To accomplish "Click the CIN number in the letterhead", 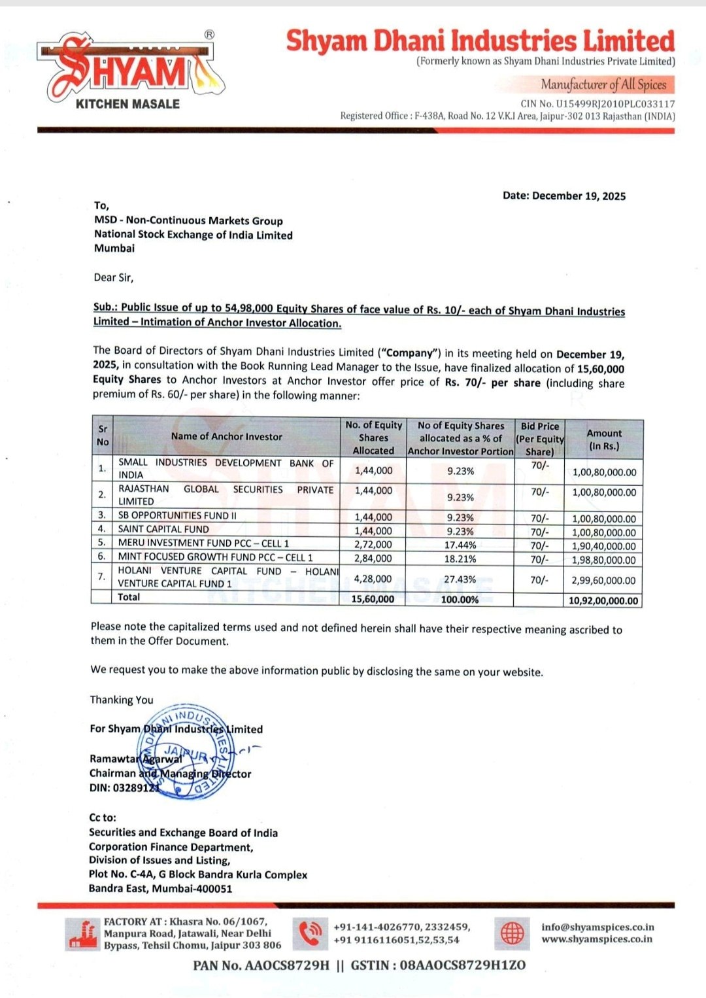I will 597,103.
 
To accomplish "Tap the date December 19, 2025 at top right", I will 564,196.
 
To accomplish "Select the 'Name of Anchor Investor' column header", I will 226,436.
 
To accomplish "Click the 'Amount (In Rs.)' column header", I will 603,439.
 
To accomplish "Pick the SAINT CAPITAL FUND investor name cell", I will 163,529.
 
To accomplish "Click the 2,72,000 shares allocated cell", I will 373,544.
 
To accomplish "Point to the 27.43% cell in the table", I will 460,579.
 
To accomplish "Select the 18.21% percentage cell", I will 460,559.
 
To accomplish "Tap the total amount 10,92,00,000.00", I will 603,600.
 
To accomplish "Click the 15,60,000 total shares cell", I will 373,599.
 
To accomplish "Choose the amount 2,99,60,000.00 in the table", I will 603,580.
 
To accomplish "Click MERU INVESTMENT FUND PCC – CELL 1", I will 203,543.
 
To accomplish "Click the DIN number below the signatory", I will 124,788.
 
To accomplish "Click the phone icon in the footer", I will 310,934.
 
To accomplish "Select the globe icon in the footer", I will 513,933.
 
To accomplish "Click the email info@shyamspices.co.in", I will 597,927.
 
